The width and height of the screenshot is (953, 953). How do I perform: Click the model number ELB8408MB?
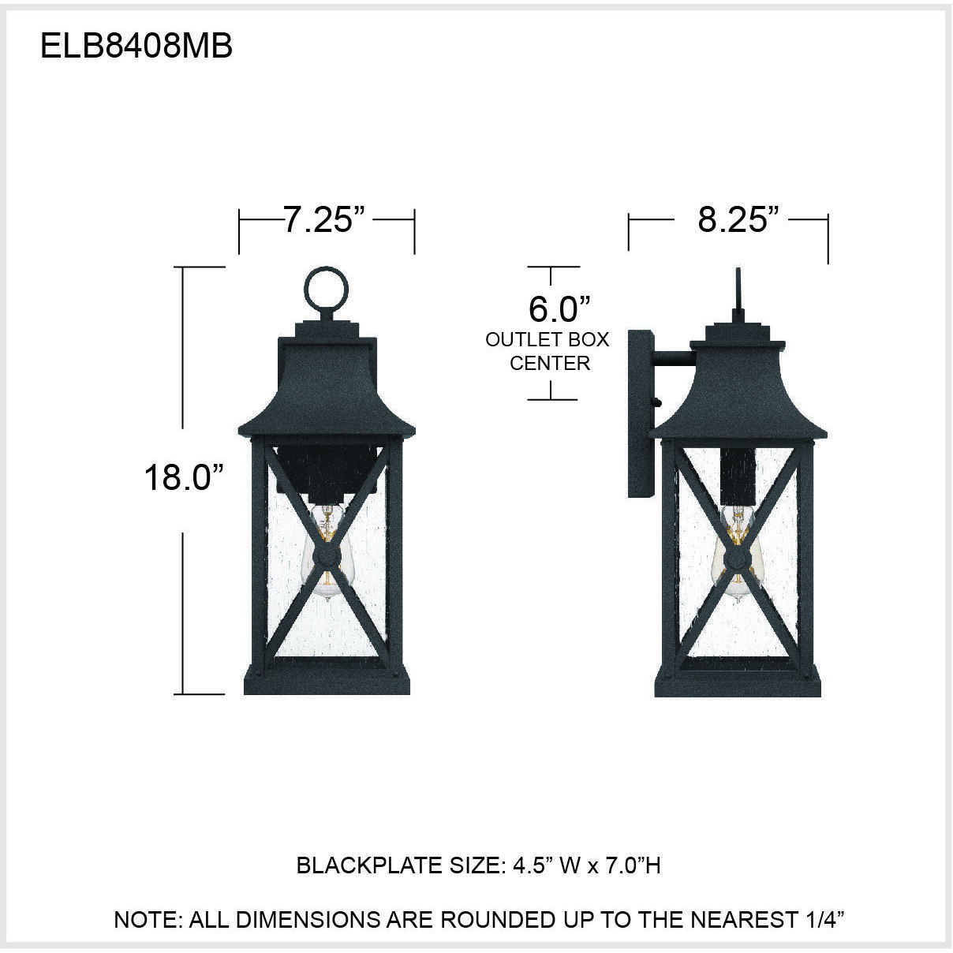click(136, 47)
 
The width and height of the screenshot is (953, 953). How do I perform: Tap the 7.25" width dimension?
click(327, 220)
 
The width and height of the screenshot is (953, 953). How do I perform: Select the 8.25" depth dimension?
click(732, 220)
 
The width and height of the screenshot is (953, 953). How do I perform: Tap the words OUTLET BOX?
click(548, 340)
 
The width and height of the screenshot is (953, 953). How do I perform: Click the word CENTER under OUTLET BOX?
click(549, 363)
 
